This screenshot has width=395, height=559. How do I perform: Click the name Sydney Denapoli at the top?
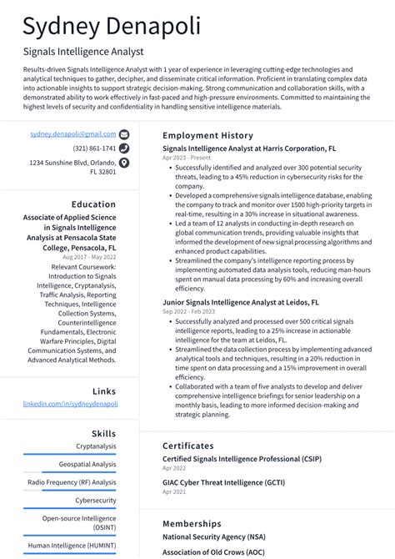pyautogui.click(x=112, y=26)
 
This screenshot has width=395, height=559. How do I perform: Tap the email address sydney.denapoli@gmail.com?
pyautogui.click(x=73, y=133)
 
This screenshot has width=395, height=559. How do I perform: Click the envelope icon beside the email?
pyautogui.click(x=124, y=133)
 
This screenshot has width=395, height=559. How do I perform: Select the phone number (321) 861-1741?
pyautogui.click(x=94, y=149)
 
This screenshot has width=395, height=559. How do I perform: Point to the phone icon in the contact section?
pyautogui.click(x=124, y=149)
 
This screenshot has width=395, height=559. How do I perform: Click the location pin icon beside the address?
pyautogui.click(x=124, y=163)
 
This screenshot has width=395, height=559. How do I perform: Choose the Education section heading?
pyautogui.click(x=93, y=204)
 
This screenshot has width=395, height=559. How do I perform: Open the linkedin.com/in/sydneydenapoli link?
pyautogui.click(x=70, y=404)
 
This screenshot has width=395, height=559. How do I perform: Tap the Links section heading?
pyautogui.click(x=104, y=391)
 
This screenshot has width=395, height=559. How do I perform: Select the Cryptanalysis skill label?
pyautogui.click(x=96, y=446)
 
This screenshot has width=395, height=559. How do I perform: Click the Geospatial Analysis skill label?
pyautogui.click(x=87, y=464)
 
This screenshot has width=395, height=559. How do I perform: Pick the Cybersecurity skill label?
pyautogui.click(x=96, y=501)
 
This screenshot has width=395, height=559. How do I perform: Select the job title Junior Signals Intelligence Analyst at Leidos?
pyautogui.click(x=241, y=303)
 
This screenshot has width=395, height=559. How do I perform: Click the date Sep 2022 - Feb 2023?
pyautogui.click(x=188, y=312)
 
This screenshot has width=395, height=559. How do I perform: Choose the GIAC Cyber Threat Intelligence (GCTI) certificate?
pyautogui.click(x=224, y=482)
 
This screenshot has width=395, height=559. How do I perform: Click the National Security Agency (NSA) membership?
pyautogui.click(x=213, y=537)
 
